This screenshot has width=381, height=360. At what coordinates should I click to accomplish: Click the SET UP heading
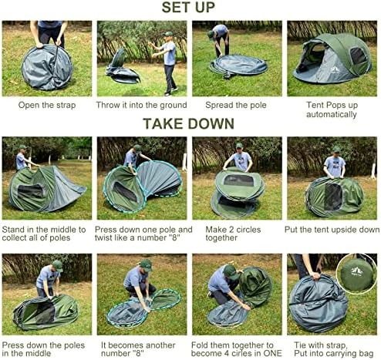coord(188,7)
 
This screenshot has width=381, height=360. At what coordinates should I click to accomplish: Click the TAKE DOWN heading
coord(188,123)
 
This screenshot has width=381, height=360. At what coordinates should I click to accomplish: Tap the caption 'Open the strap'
coord(47,105)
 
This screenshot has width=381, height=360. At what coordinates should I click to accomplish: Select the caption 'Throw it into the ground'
coord(141,105)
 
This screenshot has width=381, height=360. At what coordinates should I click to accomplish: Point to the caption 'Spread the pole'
coord(236,105)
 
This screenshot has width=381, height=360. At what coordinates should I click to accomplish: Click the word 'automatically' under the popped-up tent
coord(332,114)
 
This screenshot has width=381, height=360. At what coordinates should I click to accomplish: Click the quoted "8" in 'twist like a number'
coord(174,237)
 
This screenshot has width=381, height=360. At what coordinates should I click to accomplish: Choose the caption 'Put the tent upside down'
coord(332,230)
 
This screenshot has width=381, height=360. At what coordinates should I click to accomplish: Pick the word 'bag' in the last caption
coord(366,354)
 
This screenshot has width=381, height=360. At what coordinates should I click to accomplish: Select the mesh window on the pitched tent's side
coord(358,56)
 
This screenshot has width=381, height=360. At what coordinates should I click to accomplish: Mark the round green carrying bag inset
coord(356,274)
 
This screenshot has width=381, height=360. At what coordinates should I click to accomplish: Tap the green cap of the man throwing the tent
coord(168,34)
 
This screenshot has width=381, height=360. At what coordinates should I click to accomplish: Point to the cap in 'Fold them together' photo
coord(230,272)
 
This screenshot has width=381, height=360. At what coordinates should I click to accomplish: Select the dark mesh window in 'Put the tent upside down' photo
coord(333,197)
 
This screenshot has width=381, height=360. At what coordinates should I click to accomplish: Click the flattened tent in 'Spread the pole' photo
coord(238,66)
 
